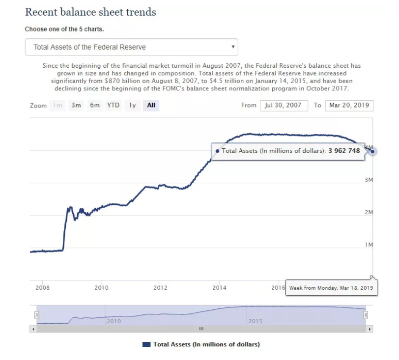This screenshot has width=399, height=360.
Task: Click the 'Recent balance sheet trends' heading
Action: pyautogui.click(x=90, y=12)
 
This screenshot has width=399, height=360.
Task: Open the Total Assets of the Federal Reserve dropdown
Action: pyautogui.click(x=132, y=47)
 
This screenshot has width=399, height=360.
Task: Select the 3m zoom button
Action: pyautogui.click(x=76, y=105)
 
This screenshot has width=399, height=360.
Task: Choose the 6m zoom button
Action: pyautogui.click(x=94, y=105)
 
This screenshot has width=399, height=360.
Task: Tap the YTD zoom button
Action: pyautogui.click(x=114, y=105)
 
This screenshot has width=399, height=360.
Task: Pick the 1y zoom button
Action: pyautogui.click(x=132, y=105)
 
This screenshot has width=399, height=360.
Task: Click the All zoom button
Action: pyautogui.click(x=151, y=105)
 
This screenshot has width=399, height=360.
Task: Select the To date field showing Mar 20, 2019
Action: pyautogui.click(x=349, y=105)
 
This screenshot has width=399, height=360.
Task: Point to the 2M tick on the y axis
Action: pyautogui.click(x=369, y=212)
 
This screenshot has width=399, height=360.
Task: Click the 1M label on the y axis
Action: pyautogui.click(x=369, y=245)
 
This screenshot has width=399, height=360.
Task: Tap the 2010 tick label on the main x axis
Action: pyautogui.click(x=101, y=287)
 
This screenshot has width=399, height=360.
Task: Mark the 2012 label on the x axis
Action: pyautogui.click(x=160, y=287)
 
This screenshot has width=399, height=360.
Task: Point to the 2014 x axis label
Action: pyautogui.click(x=219, y=287)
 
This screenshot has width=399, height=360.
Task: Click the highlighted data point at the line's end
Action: pyautogui.click(x=373, y=151)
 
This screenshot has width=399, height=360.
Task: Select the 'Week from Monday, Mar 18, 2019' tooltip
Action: pyautogui.click(x=331, y=287)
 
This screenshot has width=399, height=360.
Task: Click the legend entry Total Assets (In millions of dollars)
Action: pyautogui.click(x=201, y=344)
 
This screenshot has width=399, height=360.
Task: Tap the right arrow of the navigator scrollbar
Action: pyautogui.click(x=370, y=329)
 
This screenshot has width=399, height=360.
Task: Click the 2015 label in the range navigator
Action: pyautogui.click(x=255, y=321)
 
